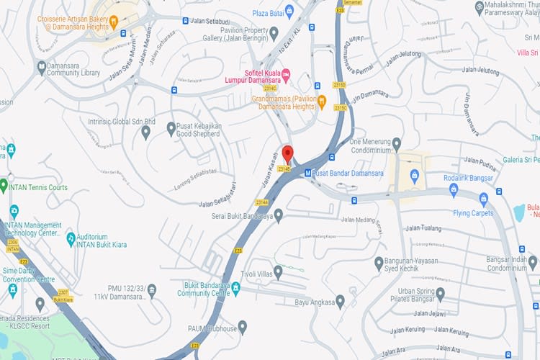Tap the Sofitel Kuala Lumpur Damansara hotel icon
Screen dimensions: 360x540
click(286, 75)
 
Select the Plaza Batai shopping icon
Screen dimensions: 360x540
click(289, 11)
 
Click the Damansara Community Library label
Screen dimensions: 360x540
click(73, 68)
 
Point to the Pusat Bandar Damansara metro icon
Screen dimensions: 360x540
click(307, 173)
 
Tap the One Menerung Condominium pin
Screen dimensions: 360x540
click(397, 145)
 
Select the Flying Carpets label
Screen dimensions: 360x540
click(473, 213)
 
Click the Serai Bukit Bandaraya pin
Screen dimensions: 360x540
click(279, 215)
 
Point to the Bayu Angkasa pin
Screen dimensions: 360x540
click(340, 301)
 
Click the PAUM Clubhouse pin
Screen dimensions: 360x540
click(243, 327)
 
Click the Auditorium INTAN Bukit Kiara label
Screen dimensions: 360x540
click(102, 240)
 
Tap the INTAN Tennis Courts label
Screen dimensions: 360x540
click(39, 187)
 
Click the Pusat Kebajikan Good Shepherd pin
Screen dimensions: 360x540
click(171, 128)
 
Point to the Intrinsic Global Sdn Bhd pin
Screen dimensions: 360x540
click(146, 132)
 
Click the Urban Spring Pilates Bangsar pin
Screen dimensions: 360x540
click(440, 294)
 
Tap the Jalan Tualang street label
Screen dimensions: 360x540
click(423, 228)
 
